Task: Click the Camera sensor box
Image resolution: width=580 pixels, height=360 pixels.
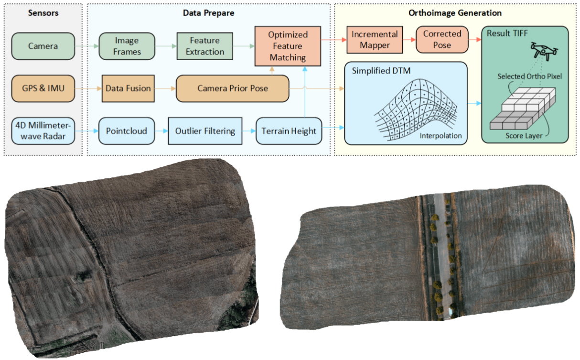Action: click(43, 46)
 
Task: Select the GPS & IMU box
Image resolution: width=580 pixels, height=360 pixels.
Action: click(43, 88)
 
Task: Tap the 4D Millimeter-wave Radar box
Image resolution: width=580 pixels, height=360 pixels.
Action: click(43, 131)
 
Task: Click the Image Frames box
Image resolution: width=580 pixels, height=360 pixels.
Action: click(127, 46)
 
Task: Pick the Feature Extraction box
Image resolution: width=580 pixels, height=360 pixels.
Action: click(205, 46)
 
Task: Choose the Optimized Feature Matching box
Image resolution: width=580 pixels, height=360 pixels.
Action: click(288, 46)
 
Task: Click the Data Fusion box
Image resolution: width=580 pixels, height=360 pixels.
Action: click(128, 88)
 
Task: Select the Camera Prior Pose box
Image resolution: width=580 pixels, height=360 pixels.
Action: click(233, 88)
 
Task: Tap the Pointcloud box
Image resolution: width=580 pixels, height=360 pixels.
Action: click(127, 131)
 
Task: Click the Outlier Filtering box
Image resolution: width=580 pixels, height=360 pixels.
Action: click(205, 131)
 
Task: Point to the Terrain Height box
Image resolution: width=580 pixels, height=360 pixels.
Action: click(289, 131)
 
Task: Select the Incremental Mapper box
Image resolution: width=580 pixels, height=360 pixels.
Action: click(375, 40)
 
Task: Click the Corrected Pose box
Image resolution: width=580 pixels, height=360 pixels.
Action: click(442, 39)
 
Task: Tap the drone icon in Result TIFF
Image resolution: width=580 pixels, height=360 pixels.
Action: click(544, 51)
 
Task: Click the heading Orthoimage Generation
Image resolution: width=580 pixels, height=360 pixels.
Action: click(455, 13)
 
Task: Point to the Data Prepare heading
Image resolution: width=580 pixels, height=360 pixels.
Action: click(208, 13)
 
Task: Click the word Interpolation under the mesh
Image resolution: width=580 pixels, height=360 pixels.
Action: click(440, 136)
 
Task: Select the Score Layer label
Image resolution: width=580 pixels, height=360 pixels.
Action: click(524, 136)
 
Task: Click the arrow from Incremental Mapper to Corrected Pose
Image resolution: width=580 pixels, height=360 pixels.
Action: click(409, 40)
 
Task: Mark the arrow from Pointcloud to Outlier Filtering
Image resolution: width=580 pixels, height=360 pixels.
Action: click(161, 131)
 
